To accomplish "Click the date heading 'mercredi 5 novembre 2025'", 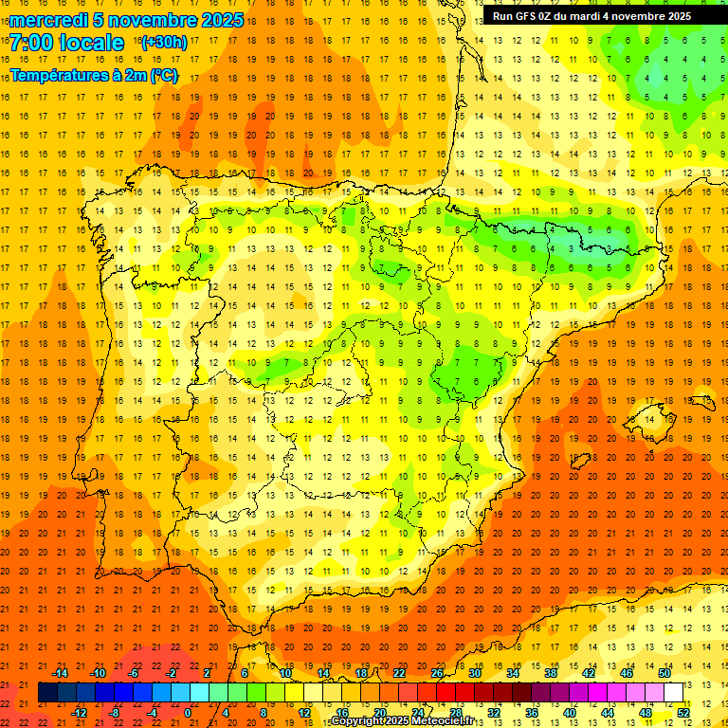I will (x=126, y=20).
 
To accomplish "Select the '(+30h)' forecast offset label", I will (x=164, y=43).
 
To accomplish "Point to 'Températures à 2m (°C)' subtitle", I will (x=94, y=74).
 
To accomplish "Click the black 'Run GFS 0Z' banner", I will (x=591, y=16).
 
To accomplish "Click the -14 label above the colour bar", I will (x=60, y=672).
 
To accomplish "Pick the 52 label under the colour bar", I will (x=683, y=713).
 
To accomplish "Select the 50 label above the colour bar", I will (x=664, y=672).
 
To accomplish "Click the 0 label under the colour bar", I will (x=188, y=713).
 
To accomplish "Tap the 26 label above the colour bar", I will (x=437, y=672).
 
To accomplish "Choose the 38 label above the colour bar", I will (x=551, y=672).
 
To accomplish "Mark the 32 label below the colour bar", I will (x=494, y=713).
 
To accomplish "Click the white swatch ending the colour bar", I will (x=674, y=692).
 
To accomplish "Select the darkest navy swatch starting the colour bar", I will (x=47, y=692).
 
